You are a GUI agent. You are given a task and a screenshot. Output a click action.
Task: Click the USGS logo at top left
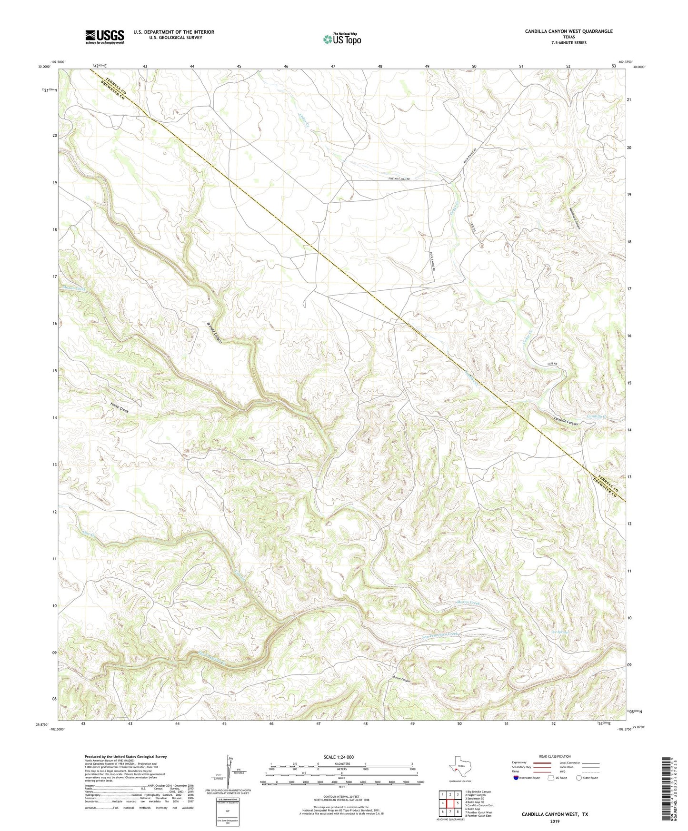point(104,37)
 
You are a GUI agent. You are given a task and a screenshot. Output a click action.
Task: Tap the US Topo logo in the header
point(342,39)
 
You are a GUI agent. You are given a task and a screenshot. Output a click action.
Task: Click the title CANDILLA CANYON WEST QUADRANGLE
point(568,31)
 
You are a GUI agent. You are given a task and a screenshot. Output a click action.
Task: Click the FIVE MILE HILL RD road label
point(399,178)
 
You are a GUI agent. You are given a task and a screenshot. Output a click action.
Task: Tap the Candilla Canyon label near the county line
point(566,422)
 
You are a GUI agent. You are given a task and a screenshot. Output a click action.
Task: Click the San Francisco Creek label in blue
point(440,635)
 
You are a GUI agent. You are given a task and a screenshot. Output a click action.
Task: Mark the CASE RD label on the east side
point(552,364)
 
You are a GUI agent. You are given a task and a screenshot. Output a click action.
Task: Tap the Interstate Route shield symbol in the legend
point(517,778)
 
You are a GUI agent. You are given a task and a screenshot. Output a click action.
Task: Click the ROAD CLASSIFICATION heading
point(555,756)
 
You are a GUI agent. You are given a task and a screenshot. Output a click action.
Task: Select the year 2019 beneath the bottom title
point(555,821)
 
